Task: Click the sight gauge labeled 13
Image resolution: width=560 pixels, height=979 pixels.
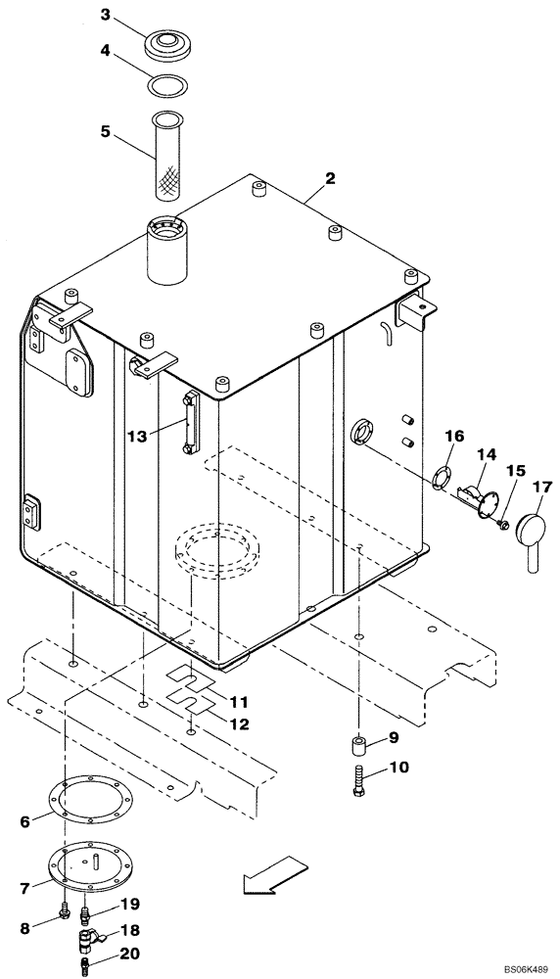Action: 189,422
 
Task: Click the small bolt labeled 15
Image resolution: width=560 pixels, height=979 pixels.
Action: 502,527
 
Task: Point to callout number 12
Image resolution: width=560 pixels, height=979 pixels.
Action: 239,724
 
